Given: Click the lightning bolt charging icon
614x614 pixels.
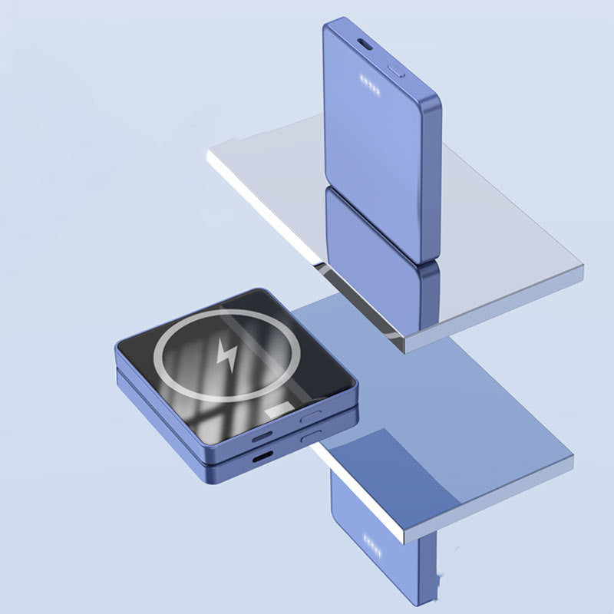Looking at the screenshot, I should pos(228,355).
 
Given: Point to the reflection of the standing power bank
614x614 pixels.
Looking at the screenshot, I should pos(376,230).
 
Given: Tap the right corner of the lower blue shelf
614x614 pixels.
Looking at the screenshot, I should pos(571,459).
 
